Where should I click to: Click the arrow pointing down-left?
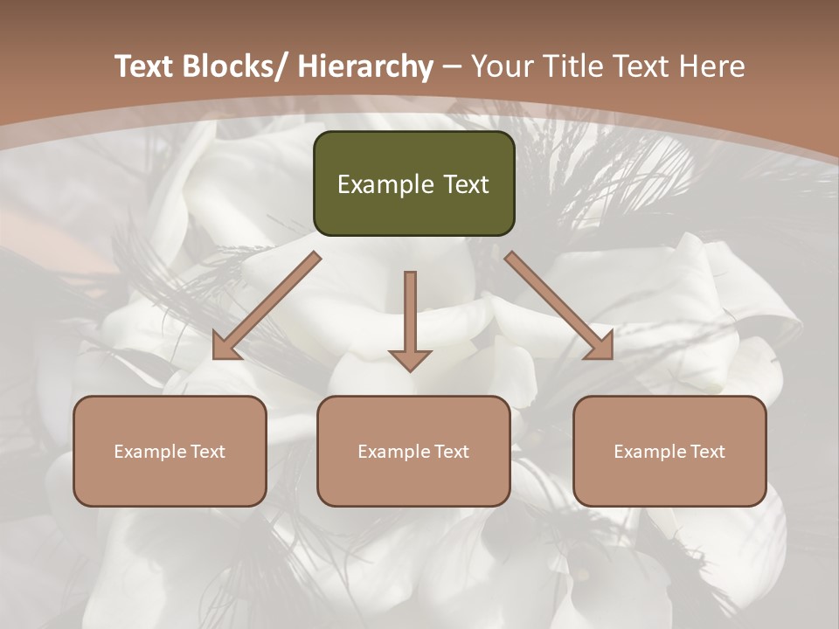tap(266, 306)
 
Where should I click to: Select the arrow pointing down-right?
tap(559, 306)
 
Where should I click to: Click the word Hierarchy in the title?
tap(364, 66)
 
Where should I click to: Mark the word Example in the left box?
tap(149, 452)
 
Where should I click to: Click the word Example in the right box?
tap(648, 452)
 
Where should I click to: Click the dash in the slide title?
tap(452, 66)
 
